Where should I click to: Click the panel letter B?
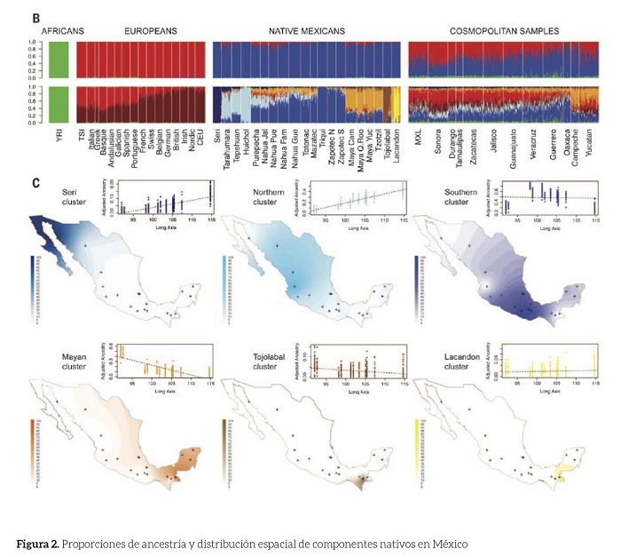coord(35,17)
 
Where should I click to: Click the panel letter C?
coord(35,184)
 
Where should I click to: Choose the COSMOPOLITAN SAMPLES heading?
coord(504,30)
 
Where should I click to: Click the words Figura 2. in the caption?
coord(43,542)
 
